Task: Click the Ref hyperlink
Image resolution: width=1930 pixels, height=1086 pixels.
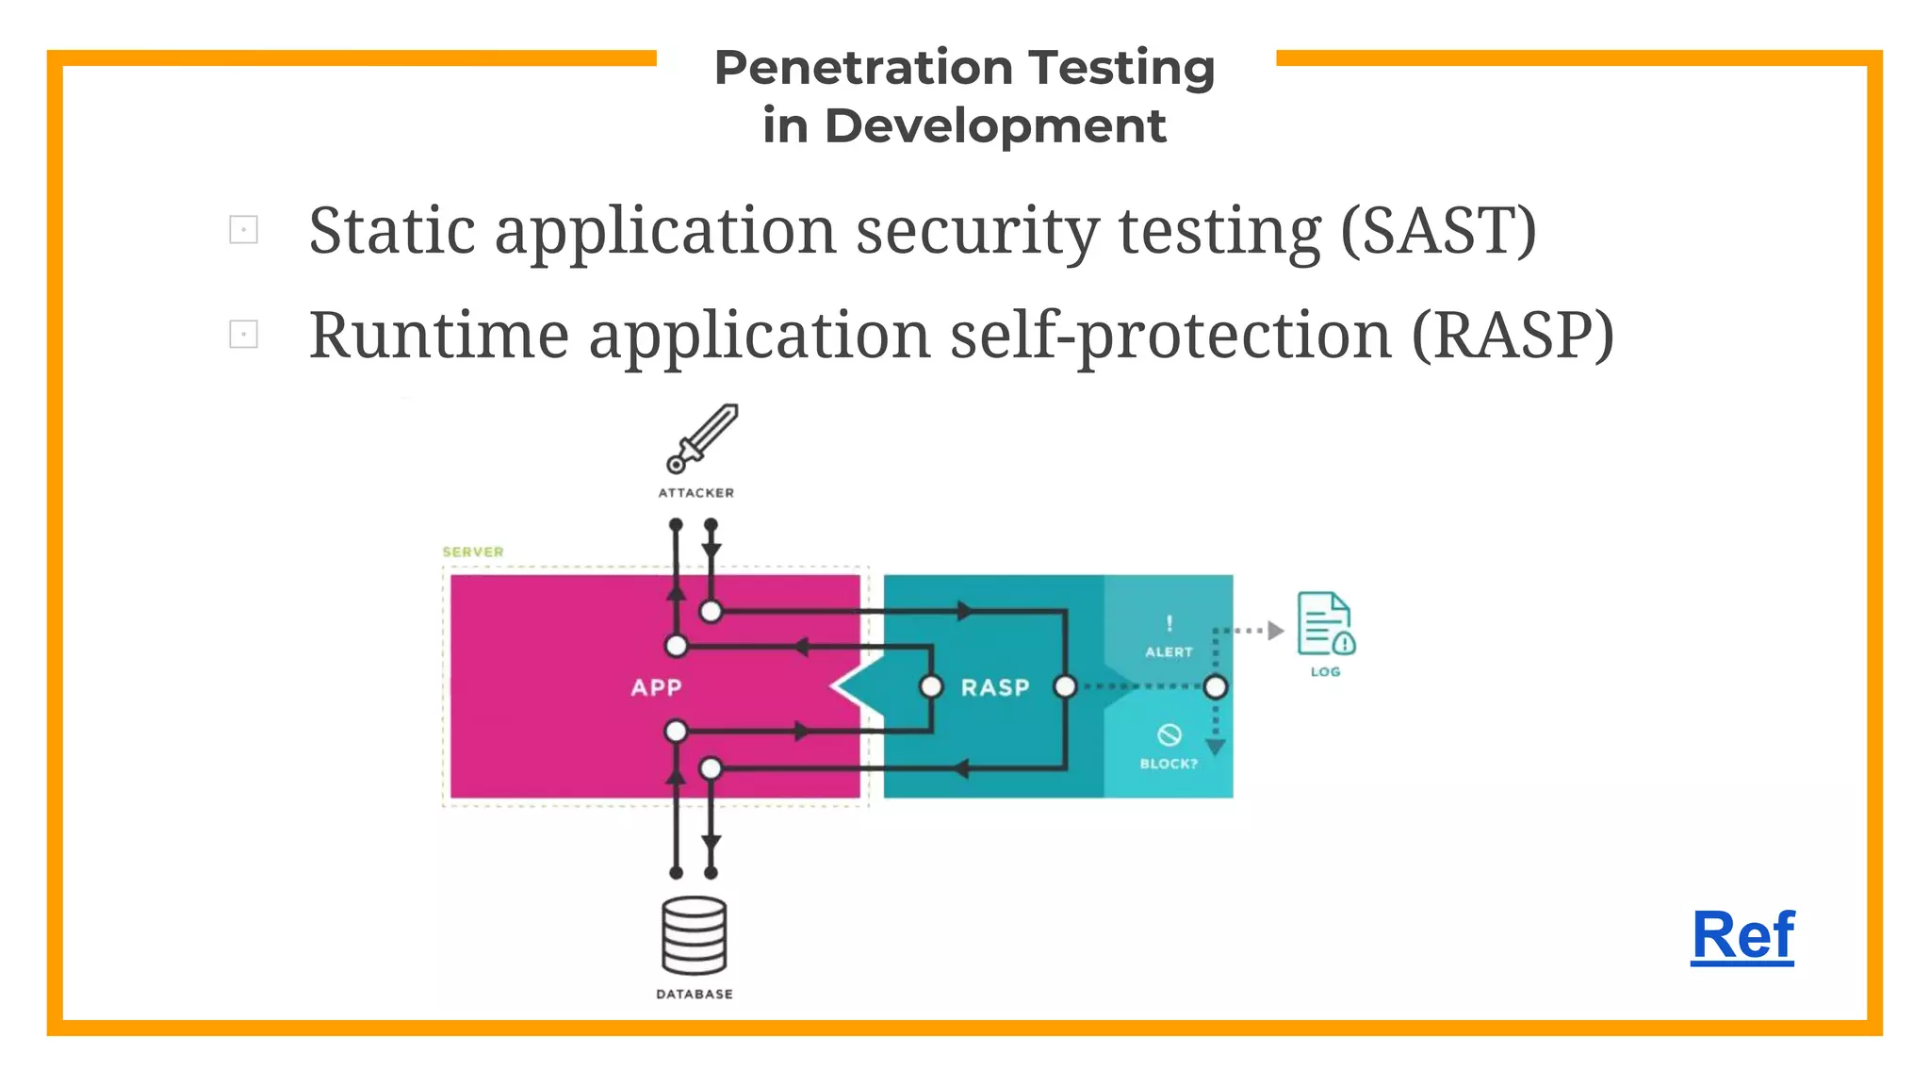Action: (1742, 936)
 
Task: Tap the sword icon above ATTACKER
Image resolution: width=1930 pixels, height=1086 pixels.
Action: (701, 438)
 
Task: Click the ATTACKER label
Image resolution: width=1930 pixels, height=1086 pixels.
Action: (695, 492)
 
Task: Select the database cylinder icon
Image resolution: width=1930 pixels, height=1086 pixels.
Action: (694, 935)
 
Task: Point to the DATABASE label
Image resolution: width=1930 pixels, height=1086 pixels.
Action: (694, 994)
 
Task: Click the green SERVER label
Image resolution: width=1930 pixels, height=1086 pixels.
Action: (473, 551)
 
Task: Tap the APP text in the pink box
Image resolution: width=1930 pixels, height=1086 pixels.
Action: (656, 687)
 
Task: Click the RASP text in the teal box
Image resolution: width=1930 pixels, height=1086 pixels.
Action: (995, 687)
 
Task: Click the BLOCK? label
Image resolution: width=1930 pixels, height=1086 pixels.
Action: (1169, 763)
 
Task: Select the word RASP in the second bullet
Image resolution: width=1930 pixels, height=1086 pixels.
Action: (1512, 336)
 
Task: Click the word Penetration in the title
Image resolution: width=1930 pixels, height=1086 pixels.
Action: (863, 69)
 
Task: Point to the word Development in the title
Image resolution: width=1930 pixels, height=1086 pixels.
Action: (995, 126)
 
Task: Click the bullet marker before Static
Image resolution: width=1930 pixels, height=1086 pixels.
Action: (243, 229)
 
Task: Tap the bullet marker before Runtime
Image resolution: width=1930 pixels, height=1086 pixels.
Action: (243, 334)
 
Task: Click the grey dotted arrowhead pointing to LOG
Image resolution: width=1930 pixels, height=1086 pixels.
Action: (1275, 630)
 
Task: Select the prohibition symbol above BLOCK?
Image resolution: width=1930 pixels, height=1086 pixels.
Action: (1169, 734)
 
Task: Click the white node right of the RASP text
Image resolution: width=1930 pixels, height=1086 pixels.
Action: (1065, 686)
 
